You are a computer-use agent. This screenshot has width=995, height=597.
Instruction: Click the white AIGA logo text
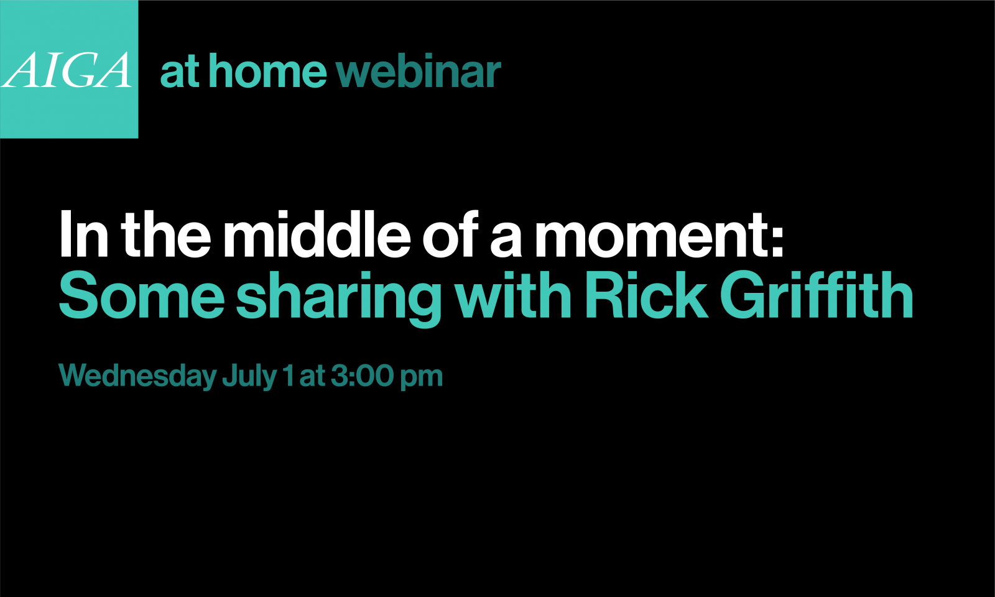click(x=67, y=70)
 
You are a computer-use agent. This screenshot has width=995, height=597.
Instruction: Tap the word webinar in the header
click(x=419, y=71)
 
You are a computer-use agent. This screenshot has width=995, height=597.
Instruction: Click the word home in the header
click(x=268, y=71)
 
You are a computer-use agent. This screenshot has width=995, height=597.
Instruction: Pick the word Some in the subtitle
click(x=142, y=295)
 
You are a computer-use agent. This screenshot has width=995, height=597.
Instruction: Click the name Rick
click(x=647, y=295)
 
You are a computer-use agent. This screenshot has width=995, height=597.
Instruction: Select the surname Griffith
click(x=817, y=295)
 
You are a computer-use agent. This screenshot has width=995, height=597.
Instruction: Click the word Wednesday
click(x=137, y=377)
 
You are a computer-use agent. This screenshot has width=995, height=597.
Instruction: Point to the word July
click(x=249, y=377)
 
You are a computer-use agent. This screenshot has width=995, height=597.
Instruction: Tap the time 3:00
click(x=360, y=376)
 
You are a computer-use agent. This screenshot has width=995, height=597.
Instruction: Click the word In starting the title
click(x=84, y=234)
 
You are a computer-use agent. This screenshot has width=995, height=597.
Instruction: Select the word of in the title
click(x=450, y=234)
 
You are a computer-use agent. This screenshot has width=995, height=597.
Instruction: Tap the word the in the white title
click(x=165, y=234)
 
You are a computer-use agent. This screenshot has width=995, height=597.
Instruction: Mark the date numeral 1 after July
click(x=289, y=376)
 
